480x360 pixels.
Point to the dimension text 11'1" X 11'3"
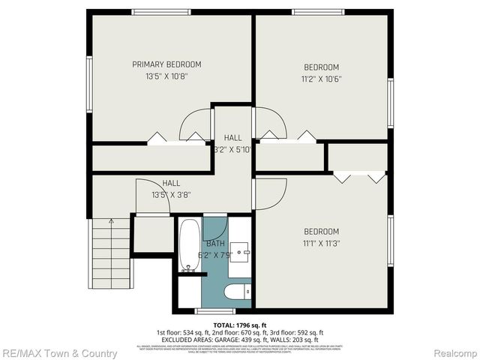(x=321, y=243)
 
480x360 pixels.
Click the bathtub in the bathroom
(x=188, y=245)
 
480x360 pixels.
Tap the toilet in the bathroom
(x=239, y=292)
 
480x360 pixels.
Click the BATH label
(x=215, y=244)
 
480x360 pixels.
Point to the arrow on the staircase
(x=110, y=223)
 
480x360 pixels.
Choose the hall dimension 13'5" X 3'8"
(x=171, y=194)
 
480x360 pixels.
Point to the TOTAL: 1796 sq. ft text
(x=240, y=324)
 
